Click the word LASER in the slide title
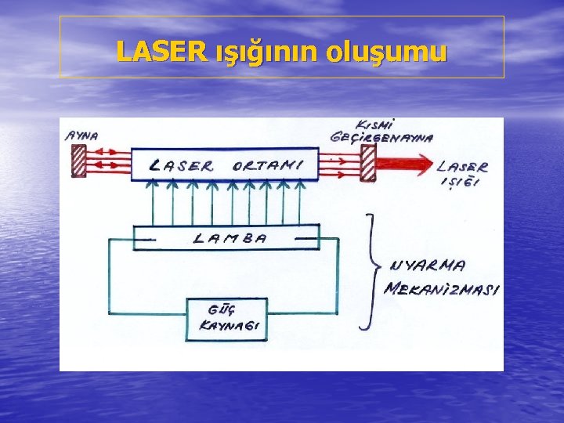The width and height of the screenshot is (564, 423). coord(161,52)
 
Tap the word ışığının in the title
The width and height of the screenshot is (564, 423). coord(266,52)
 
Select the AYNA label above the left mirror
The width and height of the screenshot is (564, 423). coord(81,135)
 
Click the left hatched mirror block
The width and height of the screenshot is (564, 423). coord(78,162)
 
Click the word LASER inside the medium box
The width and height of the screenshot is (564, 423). coord(181,165)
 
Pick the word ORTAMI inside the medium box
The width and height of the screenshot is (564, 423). coord(266,165)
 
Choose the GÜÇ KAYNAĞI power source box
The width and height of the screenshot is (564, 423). coord(226,319)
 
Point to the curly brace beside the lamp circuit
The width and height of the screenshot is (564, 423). coord(369,269)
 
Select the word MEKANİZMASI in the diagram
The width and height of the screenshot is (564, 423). coord(443,289)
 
